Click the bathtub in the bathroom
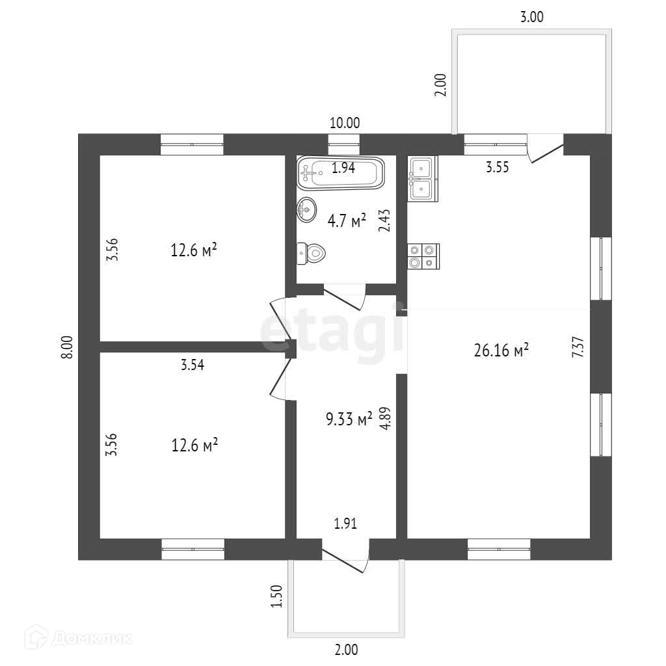(x=341, y=173)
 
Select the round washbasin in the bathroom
(x=306, y=209)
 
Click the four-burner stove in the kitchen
(x=423, y=256)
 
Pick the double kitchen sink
(x=423, y=178)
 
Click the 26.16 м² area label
(x=502, y=351)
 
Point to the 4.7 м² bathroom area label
(x=347, y=221)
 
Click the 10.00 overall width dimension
(x=345, y=122)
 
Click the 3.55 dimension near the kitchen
(x=498, y=166)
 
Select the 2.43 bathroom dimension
(x=384, y=221)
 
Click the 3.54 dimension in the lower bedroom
(x=193, y=365)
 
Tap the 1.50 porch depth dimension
(x=277, y=596)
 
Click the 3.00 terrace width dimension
(x=532, y=18)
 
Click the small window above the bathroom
(x=344, y=144)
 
